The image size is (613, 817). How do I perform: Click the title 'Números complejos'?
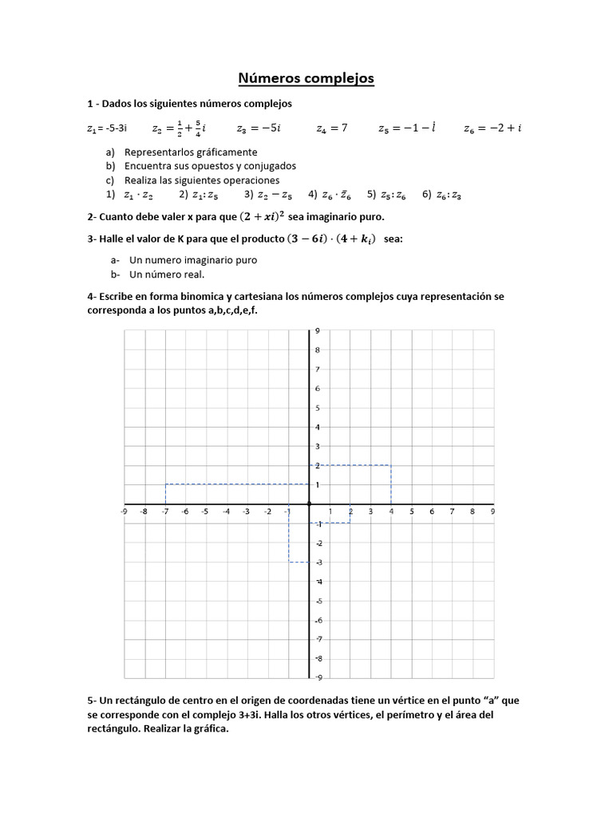tap(306, 78)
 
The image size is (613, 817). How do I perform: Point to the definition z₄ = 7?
tap(332, 128)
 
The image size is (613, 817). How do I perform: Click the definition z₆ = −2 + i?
tap(492, 128)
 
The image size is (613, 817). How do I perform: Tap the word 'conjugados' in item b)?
tap(269, 166)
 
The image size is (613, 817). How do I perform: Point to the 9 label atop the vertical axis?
tap(317, 331)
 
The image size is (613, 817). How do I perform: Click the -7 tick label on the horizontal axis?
tap(164, 512)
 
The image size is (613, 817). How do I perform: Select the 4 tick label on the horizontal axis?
tap(391, 512)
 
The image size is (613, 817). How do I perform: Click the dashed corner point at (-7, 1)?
tap(165, 484)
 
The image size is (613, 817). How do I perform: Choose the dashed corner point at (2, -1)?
tap(350, 523)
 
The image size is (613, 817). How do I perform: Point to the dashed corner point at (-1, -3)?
tap(289, 562)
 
